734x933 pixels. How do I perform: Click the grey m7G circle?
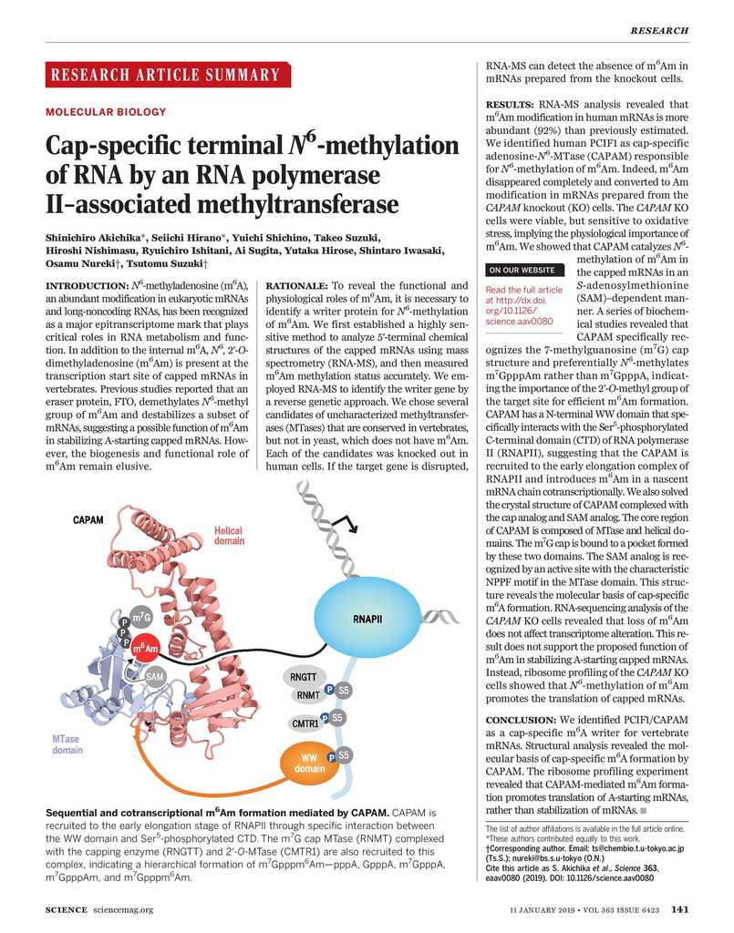141,620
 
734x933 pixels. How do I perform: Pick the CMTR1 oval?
305,723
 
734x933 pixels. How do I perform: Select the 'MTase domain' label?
67,743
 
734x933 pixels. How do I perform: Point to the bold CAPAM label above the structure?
88,520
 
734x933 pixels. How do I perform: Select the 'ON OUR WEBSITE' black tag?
522,270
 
